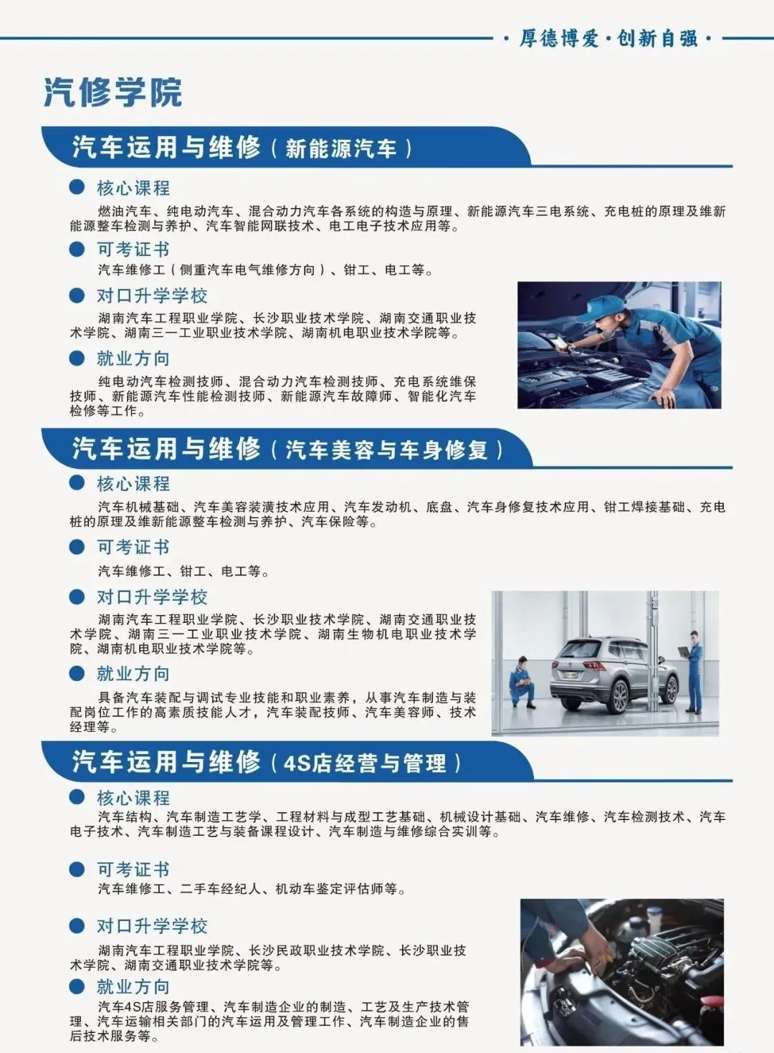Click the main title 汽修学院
tap(113, 92)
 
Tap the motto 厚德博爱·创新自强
tap(608, 39)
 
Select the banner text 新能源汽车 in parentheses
tap(341, 148)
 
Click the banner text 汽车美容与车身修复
tap(386, 450)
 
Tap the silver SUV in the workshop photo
tap(615, 675)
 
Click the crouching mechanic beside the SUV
tap(522, 682)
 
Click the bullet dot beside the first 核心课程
tap(77, 187)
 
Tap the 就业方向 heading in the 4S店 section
tap(133, 987)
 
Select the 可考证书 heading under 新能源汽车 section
tap(133, 249)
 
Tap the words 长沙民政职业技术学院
tap(317, 950)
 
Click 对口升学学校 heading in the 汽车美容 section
tap(152, 597)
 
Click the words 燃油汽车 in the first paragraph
tap(125, 211)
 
